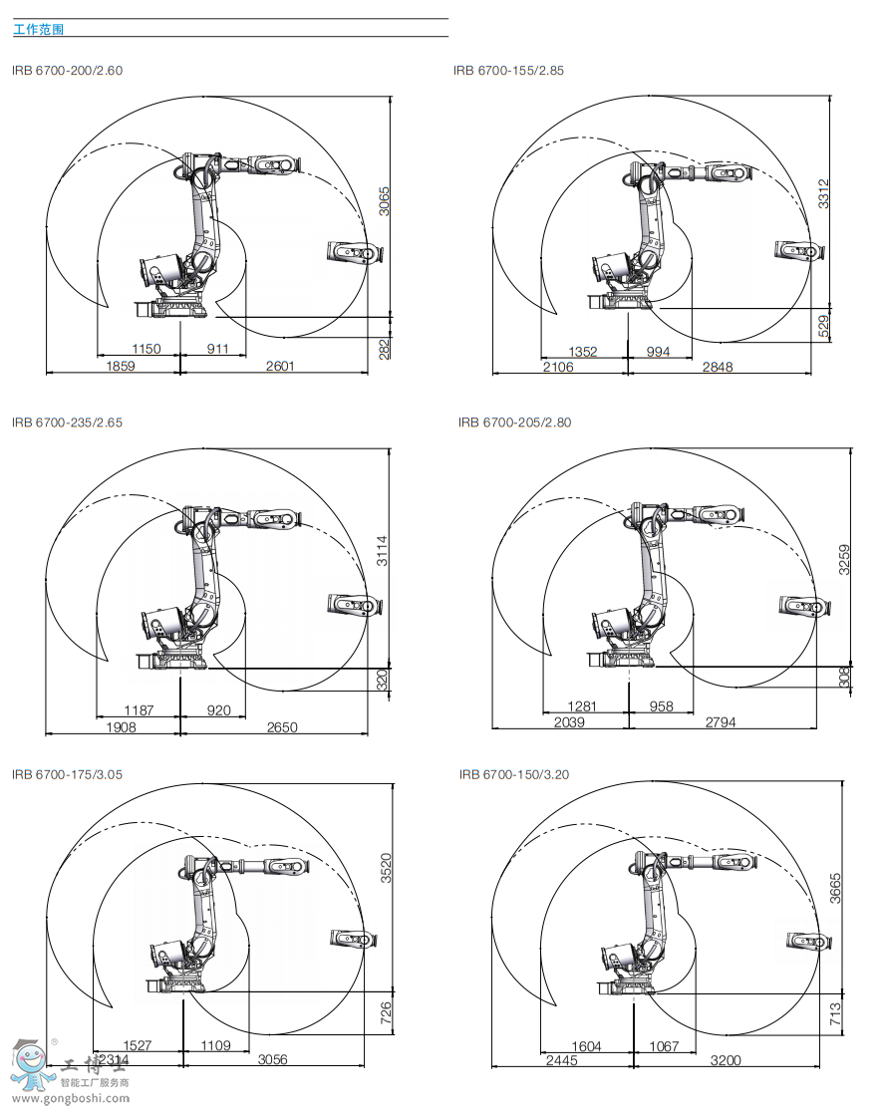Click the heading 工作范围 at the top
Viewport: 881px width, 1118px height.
point(39,30)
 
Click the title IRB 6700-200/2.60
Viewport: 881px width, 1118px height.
point(68,70)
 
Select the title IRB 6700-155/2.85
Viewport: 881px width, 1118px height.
point(509,70)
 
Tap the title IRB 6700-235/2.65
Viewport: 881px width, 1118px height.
point(68,421)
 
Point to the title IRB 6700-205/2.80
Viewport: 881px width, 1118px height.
point(514,421)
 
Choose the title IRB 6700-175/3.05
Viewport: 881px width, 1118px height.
point(68,773)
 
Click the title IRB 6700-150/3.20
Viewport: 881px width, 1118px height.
point(514,773)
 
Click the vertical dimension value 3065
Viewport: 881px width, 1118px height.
point(384,202)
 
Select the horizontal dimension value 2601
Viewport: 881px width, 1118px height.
point(279,366)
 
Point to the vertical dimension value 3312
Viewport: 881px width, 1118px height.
point(823,193)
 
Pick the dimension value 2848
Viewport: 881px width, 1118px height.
point(717,367)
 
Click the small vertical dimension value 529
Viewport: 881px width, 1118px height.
point(823,327)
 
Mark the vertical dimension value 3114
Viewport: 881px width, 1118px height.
point(383,551)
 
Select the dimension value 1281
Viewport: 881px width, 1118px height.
point(583,706)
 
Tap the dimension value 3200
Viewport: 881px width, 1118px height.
point(725,1060)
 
